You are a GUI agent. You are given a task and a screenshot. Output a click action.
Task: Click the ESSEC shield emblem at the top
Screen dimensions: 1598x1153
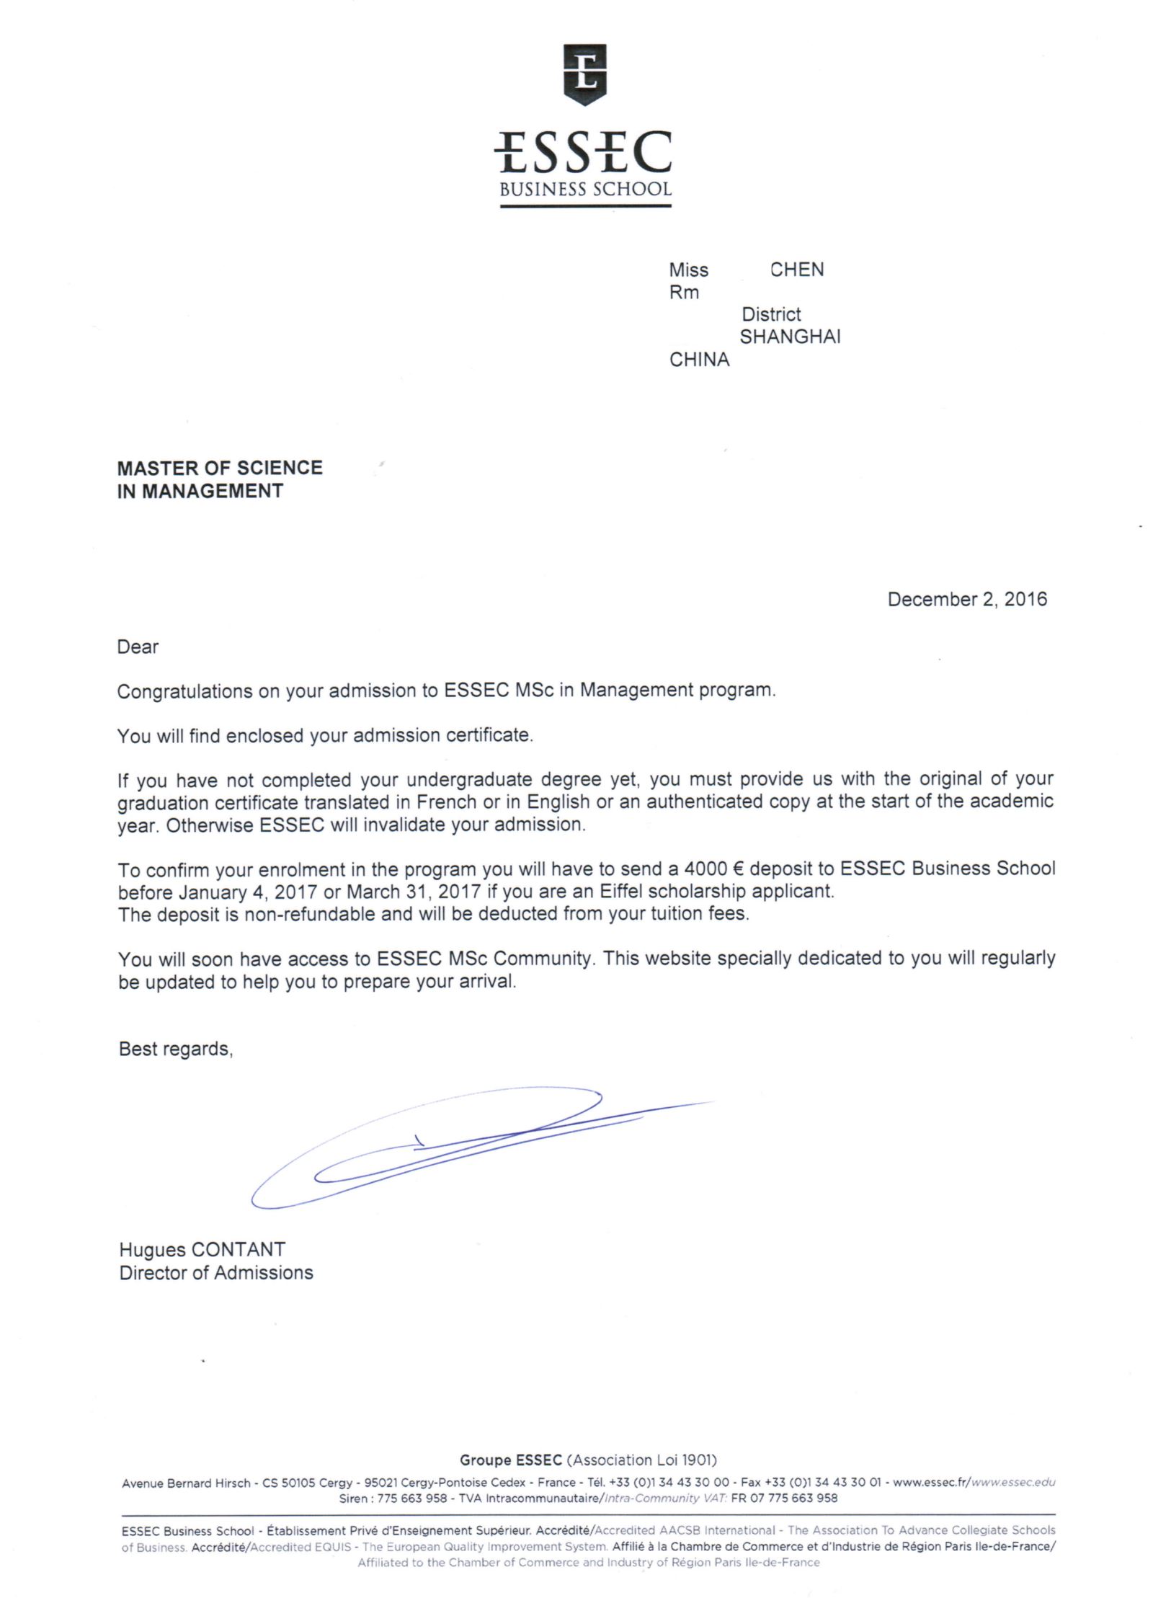pos(584,73)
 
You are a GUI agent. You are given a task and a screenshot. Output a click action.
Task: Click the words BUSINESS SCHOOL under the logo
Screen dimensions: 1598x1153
pos(585,190)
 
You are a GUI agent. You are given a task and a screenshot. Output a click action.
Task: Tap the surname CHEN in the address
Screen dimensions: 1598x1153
pos(796,270)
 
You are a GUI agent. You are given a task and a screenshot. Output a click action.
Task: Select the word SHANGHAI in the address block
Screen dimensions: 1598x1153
pos(790,337)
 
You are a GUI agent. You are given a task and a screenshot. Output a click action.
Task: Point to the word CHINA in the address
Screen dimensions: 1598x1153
pos(699,360)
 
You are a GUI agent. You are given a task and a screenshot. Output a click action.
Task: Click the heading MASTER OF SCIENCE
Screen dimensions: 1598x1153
pos(220,468)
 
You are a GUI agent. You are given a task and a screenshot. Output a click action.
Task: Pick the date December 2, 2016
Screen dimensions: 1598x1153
pos(967,599)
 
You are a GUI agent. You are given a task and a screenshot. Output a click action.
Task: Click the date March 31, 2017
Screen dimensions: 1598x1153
pos(414,892)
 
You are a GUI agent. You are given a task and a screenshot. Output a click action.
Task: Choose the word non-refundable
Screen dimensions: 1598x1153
pos(310,914)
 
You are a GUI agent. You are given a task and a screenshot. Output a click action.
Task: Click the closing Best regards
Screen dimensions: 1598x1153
pos(176,1049)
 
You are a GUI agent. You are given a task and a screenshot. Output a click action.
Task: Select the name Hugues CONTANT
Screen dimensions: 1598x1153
pos(202,1249)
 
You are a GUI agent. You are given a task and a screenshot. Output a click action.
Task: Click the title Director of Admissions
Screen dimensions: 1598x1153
pos(216,1273)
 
